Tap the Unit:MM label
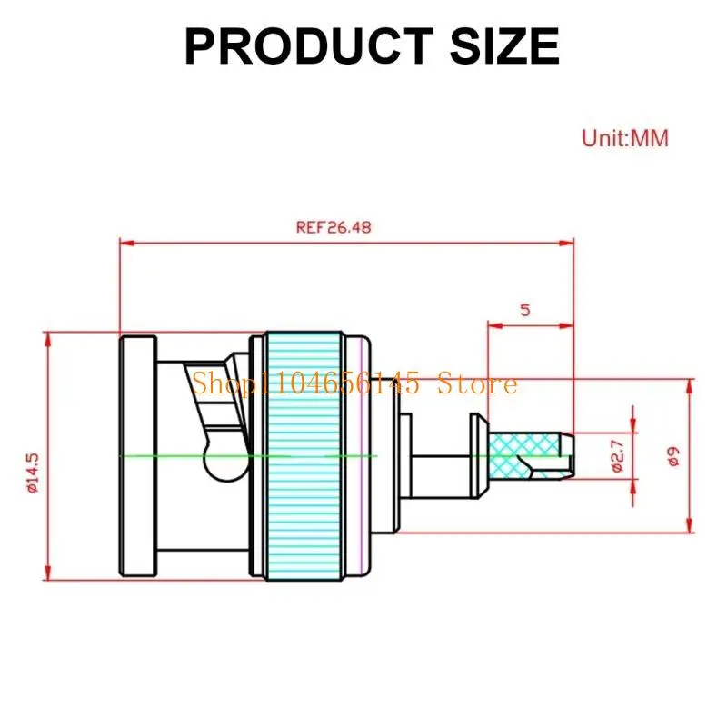pyautogui.click(x=624, y=138)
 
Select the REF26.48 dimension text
pyautogui.click(x=334, y=227)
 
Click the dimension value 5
pyautogui.click(x=524, y=309)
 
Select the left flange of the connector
pyautogui.click(x=138, y=454)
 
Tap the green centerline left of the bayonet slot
pyautogui.click(x=164, y=454)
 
